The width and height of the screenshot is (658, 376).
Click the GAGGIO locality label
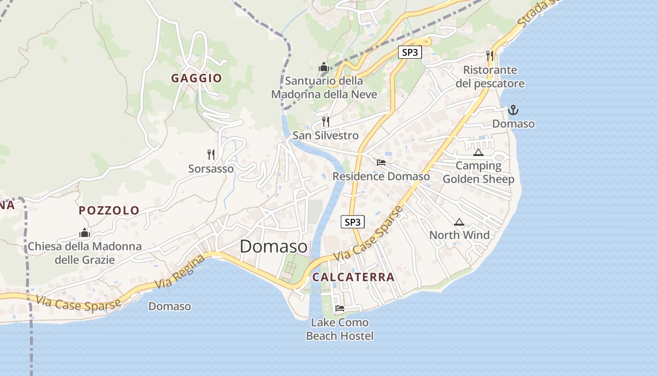(196, 78)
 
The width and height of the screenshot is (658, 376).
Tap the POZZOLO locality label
(109, 210)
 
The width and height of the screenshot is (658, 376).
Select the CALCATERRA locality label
(353, 277)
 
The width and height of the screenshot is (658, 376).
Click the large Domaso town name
(274, 246)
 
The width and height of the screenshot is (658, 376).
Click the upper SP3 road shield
(410, 52)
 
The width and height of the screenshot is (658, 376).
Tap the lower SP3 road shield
(352, 222)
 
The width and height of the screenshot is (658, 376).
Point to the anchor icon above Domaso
(513, 110)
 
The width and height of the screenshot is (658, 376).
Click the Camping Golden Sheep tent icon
(478, 152)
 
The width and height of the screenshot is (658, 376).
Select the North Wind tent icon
(459, 222)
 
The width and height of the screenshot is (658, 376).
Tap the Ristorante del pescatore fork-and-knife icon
(490, 55)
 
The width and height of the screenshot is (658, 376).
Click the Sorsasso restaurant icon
(211, 154)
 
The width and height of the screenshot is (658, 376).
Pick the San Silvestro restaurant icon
(325, 122)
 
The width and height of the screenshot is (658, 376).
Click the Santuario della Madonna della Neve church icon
(323, 67)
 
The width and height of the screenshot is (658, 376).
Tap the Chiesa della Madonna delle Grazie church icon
(85, 232)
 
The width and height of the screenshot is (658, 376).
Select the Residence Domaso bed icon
(381, 163)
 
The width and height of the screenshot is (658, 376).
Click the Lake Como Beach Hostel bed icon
(339, 308)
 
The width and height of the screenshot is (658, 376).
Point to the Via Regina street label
(180, 271)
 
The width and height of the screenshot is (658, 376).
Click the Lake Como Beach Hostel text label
(340, 329)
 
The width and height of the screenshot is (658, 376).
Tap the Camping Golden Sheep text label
(478, 172)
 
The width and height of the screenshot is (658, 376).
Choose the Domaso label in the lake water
(170, 306)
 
